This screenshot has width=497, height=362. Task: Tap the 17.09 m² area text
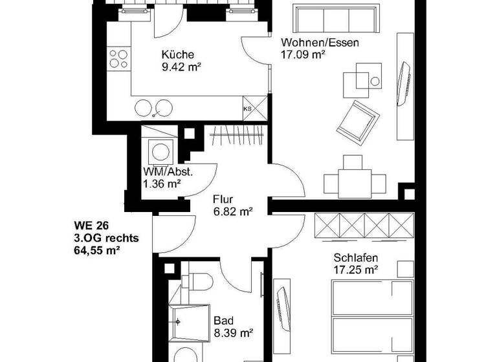coord(302,56)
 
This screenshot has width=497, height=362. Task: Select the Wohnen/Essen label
coord(319,44)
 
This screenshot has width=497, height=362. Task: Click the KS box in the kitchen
coord(247,109)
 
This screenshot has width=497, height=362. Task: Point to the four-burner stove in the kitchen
coord(118,59)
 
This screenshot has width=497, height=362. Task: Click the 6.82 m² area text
coord(232,211)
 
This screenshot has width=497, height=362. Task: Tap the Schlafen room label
coord(357,257)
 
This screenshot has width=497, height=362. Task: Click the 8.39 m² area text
coord(232,334)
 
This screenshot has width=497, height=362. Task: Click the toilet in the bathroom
coord(198,282)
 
